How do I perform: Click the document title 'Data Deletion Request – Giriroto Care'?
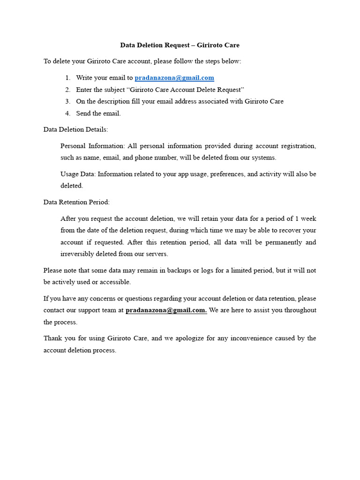(x=180, y=45)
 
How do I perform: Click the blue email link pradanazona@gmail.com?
(x=174, y=78)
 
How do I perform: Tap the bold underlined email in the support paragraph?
(x=166, y=310)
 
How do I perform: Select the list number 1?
(x=67, y=78)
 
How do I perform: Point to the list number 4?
(x=67, y=113)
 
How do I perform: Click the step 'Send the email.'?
(x=98, y=113)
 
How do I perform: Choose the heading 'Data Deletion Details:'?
(x=75, y=129)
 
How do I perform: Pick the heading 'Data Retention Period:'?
(x=76, y=202)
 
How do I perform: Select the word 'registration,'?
(x=298, y=146)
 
